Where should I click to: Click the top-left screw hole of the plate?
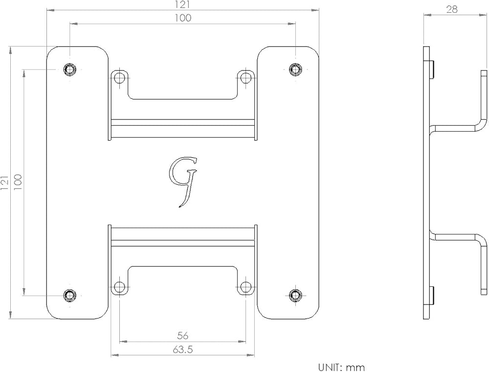tap(69, 69)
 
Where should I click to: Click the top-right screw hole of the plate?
tap(295, 69)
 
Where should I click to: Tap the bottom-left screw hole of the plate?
tap(69, 295)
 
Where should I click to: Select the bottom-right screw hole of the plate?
tap(295, 295)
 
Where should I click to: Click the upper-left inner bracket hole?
tap(119, 77)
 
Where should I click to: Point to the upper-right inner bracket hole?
tap(246, 77)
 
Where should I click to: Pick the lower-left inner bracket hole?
tap(119, 286)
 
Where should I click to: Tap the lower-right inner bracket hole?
tap(246, 286)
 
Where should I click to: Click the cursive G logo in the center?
tap(183, 182)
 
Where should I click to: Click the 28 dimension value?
tap(452, 9)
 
